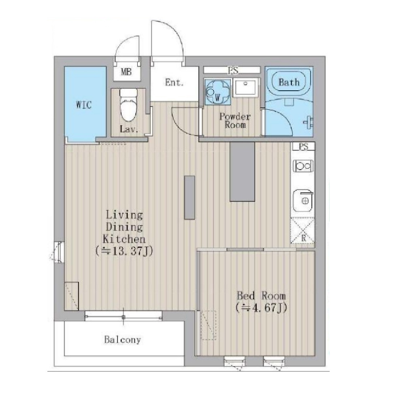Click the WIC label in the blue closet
84,105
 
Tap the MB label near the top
126,72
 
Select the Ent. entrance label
175,82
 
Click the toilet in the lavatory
129,105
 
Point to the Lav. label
129,129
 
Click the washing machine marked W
217,92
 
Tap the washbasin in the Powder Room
246,87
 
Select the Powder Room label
235,121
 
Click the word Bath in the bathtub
289,82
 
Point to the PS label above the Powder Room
233,70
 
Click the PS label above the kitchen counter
303,147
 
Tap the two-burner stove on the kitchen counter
303,166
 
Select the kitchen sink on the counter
303,201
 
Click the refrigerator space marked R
303,230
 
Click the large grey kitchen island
242,171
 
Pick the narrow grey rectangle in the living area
189,198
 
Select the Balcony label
123,339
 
